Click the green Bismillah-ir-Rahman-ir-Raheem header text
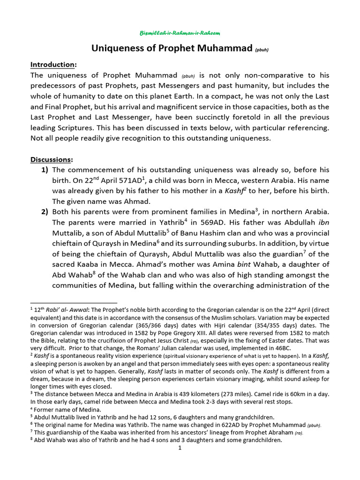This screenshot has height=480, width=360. click(x=180, y=33)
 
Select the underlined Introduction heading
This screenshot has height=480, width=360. click(x=52, y=64)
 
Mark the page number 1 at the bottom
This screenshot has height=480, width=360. click(x=180, y=448)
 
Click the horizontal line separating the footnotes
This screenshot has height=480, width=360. click(x=74, y=303)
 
